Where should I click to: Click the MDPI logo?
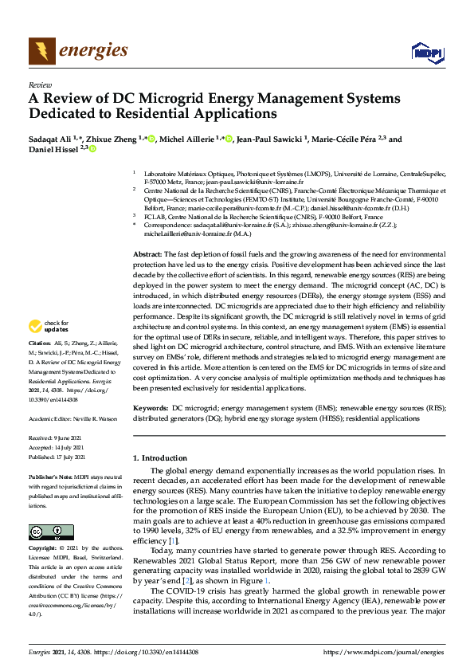click(427, 53)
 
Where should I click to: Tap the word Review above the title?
click(39, 84)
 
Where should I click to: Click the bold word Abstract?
click(147, 253)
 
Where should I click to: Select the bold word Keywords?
click(150, 407)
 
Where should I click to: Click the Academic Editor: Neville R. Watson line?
click(72, 418)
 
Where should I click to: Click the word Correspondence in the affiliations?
click(169, 226)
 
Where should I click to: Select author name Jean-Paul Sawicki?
click(272, 139)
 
